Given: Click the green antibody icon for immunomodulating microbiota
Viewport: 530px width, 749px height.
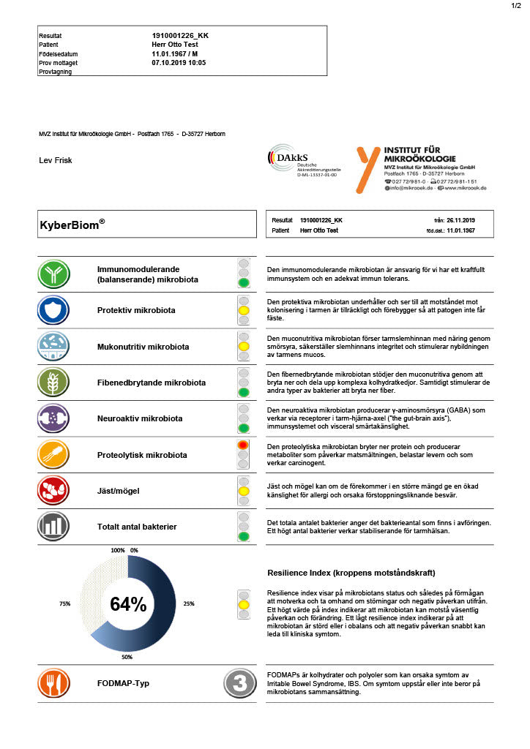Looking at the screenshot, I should (53, 274).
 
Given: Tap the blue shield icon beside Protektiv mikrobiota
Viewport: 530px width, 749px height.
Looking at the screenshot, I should (53, 310).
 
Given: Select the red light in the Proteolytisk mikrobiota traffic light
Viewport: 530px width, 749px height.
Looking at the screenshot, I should (244, 445).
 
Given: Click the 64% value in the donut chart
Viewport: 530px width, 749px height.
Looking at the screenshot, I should (128, 604).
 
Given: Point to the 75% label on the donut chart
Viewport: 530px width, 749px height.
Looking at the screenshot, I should (65, 603).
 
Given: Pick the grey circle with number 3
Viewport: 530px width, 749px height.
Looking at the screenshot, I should (239, 683).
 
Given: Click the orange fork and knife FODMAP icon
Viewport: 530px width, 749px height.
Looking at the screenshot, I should (53, 683).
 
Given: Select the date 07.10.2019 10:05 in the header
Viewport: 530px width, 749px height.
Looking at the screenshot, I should (179, 63).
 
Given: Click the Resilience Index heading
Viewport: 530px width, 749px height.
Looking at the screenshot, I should (351, 572).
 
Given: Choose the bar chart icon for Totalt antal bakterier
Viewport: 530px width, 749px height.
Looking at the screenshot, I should (53, 526).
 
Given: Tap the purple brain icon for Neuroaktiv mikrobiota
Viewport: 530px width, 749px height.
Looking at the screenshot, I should (53, 418).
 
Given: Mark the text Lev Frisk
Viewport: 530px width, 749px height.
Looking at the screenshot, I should (55, 160).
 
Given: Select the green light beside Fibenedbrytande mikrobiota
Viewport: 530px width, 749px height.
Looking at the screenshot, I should (244, 392).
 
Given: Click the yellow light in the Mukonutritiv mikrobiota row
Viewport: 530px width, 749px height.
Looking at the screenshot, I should (244, 346).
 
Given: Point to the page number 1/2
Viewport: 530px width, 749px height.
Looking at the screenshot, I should (516, 6).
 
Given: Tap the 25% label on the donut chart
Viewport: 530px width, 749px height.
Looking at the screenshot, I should (189, 603).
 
